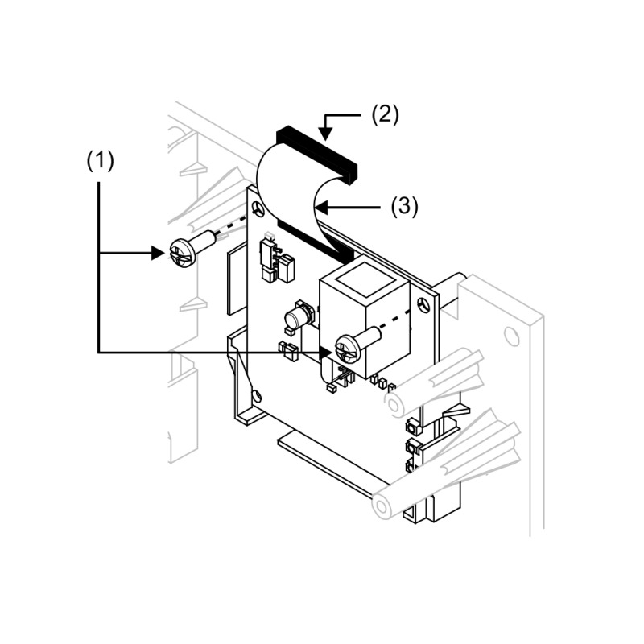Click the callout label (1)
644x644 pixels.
(100, 161)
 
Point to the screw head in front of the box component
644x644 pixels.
(349, 349)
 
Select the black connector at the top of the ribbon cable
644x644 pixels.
(317, 154)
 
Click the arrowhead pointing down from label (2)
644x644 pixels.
(325, 134)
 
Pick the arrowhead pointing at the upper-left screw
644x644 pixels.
(158, 253)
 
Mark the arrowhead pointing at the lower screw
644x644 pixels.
(325, 352)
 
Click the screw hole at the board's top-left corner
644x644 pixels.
(258, 208)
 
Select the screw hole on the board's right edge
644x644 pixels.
(423, 306)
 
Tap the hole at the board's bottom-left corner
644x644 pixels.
(257, 395)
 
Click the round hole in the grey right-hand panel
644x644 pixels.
(511, 335)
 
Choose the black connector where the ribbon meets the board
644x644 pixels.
(316, 242)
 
